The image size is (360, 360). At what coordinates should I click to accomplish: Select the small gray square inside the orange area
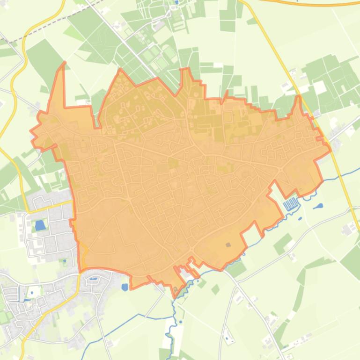[x=228, y=245]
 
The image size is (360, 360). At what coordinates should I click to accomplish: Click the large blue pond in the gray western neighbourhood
[x=40, y=225]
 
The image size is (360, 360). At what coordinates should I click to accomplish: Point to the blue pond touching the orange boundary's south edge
[x=125, y=287]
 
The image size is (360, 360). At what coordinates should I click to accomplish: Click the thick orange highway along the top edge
[x=309, y=4]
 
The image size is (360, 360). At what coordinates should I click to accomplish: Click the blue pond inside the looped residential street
[x=93, y=279]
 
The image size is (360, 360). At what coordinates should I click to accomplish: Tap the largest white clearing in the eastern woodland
[x=320, y=87]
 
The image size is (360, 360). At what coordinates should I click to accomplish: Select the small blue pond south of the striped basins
[x=300, y=218]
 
